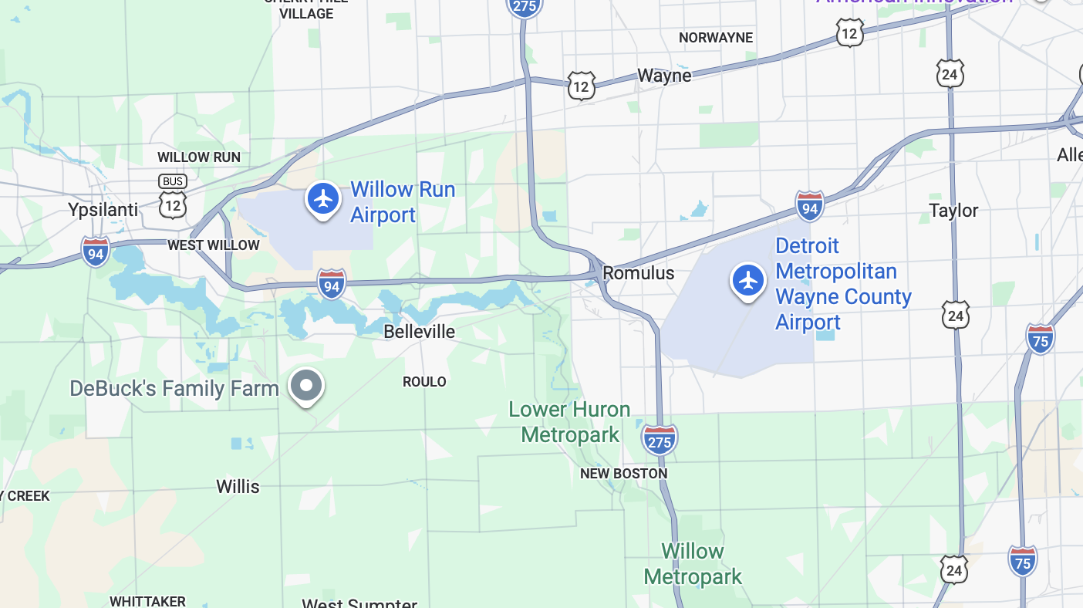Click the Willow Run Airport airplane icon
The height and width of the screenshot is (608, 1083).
323,199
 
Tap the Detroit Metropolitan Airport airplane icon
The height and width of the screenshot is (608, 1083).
747,281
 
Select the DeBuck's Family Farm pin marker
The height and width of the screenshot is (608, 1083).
306,385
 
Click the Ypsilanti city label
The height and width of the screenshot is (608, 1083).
103,210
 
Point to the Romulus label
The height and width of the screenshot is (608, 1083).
638,273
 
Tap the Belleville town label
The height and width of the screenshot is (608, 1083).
420,332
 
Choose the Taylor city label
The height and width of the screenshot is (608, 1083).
953,211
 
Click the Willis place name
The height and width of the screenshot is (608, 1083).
238,487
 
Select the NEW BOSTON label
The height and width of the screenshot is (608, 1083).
623,474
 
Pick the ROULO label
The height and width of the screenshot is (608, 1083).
424,382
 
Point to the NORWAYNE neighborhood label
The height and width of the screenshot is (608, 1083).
715,38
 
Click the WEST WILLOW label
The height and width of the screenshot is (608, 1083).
214,245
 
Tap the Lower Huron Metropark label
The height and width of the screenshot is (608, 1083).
569,422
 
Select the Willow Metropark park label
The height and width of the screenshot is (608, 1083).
692,564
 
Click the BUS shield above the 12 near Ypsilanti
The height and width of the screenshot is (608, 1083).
173,182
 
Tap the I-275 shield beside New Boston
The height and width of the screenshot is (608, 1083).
660,440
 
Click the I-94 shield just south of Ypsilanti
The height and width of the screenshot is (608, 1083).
96,252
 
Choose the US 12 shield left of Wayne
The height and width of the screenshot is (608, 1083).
580,86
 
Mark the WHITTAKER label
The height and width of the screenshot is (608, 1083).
147,601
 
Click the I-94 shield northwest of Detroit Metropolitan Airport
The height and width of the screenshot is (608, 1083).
809,206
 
